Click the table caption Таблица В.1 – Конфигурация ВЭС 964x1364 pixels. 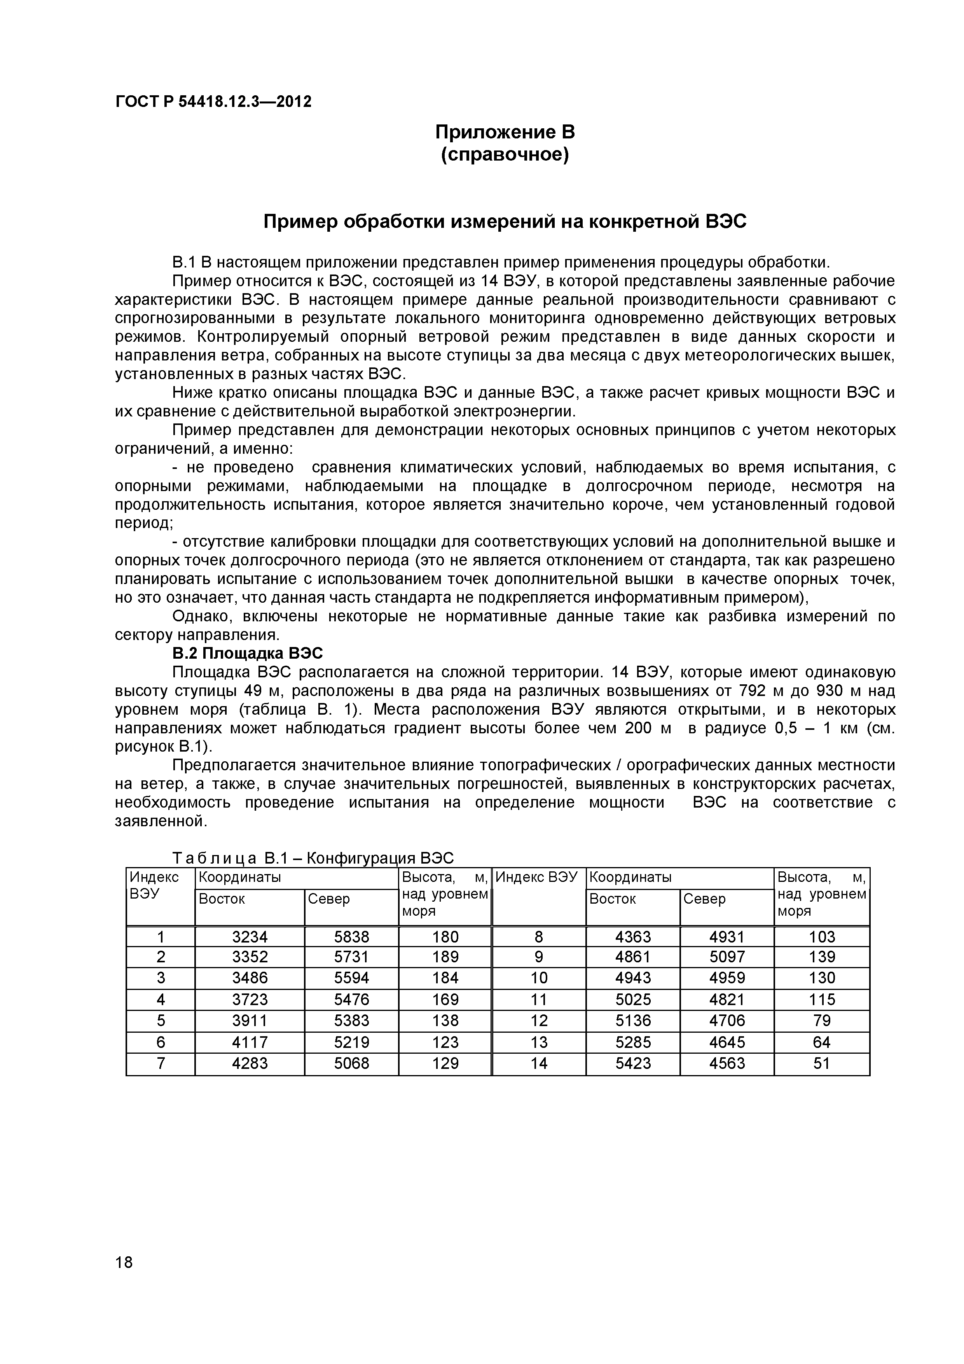[313, 858]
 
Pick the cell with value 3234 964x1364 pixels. [250, 937]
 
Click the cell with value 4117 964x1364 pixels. [250, 1042]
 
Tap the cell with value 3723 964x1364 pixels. [250, 999]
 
